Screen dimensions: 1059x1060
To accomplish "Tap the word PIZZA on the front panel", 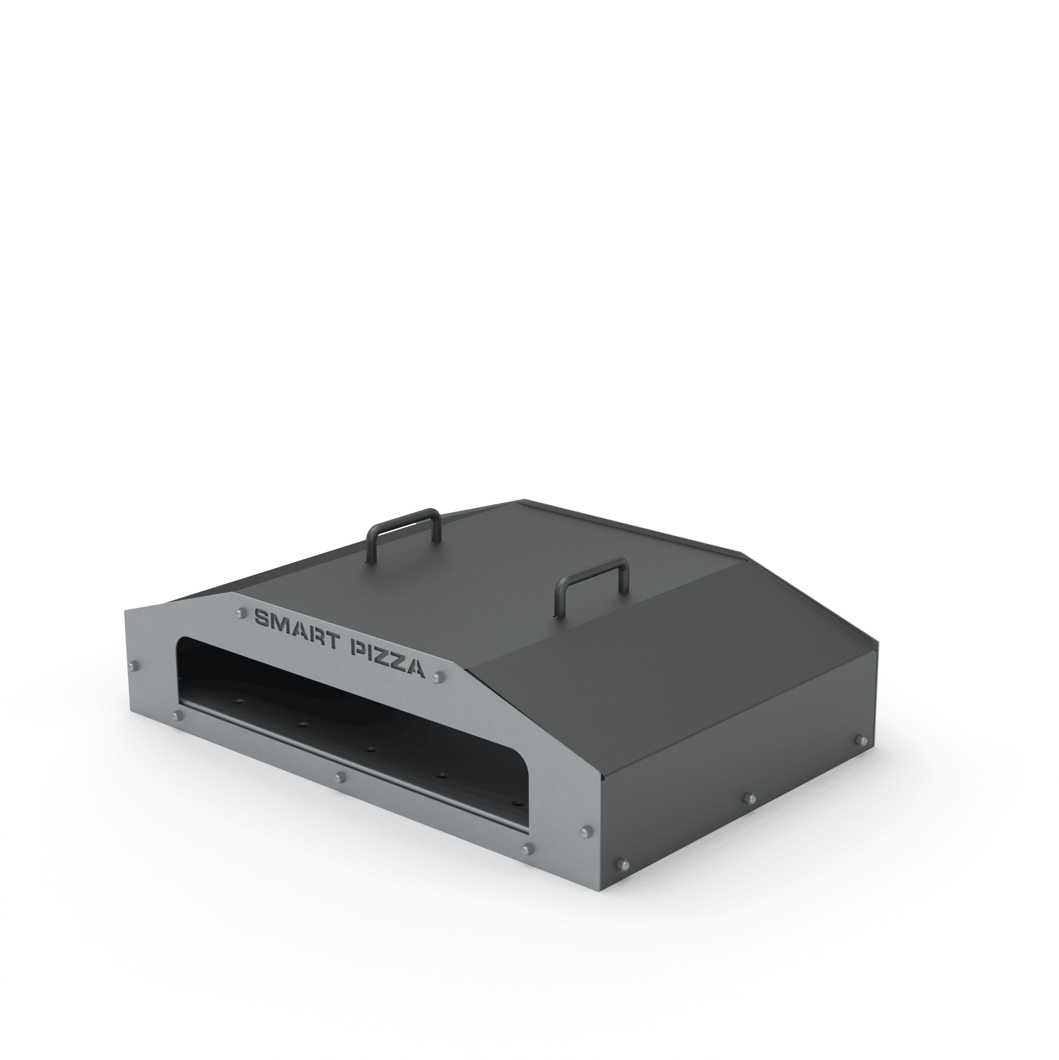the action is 388,659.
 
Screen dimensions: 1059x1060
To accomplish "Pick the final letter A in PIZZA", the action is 415,668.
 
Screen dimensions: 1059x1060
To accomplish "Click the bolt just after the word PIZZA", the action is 437,678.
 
